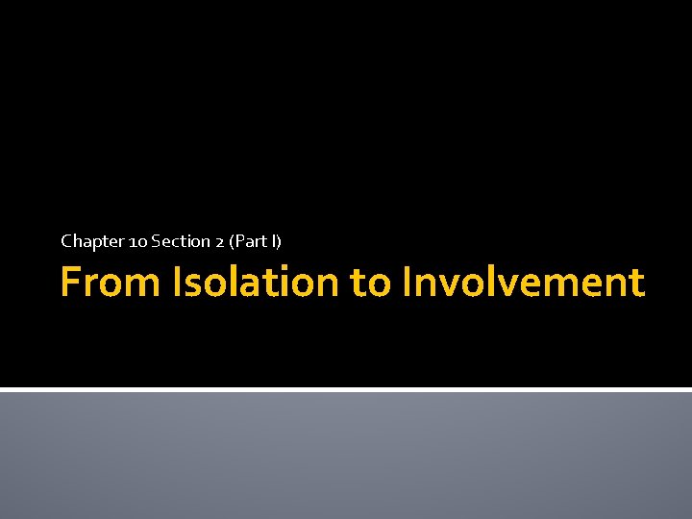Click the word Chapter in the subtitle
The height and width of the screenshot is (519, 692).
click(86, 240)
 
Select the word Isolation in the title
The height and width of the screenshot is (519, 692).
click(256, 283)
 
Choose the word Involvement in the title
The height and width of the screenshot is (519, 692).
click(524, 283)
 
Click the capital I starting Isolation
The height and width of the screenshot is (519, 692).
click(178, 283)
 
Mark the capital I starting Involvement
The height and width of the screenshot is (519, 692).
click(408, 283)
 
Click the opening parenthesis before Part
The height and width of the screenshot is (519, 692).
click(231, 240)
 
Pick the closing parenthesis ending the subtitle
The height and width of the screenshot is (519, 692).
click(280, 240)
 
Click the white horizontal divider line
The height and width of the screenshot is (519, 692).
click(346, 389)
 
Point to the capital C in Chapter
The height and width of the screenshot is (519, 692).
click(66, 240)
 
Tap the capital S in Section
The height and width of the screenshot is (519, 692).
click(155, 240)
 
